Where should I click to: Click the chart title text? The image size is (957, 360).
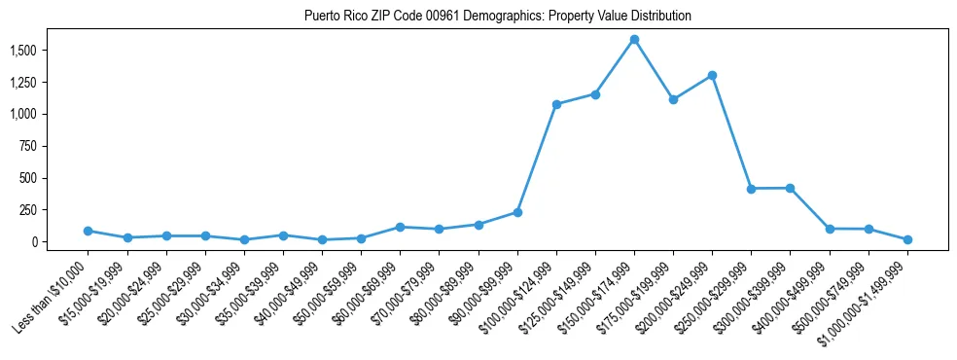point(497,16)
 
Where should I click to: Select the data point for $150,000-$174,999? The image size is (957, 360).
point(634,40)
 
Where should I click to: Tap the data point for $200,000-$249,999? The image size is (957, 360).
point(712,75)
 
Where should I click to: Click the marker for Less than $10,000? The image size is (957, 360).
point(88,231)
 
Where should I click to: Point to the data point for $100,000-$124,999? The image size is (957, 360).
point(556,104)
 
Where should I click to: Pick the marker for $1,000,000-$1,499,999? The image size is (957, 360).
point(907,239)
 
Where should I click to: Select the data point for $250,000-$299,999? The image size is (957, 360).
point(751,189)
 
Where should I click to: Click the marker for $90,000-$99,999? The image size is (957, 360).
point(517,212)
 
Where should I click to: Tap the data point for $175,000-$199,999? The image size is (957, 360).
point(673,99)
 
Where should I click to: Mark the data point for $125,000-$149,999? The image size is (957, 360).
point(595,94)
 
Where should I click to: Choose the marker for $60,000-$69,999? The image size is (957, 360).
point(400,227)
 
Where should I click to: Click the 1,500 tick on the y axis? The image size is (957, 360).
point(51,50)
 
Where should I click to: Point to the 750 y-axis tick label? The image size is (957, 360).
point(56,146)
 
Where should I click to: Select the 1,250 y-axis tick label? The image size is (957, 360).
point(51,82)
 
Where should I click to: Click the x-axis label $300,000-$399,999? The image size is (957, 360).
point(753,301)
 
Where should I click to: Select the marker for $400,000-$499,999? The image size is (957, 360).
point(830,229)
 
